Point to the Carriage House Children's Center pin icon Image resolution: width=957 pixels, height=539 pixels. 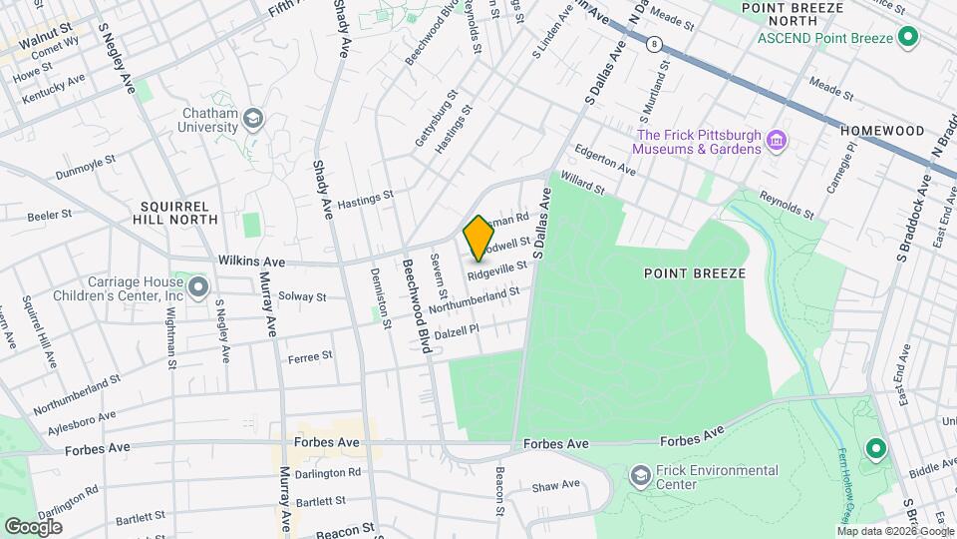[197, 288]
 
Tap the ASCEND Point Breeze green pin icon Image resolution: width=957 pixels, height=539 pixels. [907, 38]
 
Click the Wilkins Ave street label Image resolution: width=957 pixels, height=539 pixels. [251, 262]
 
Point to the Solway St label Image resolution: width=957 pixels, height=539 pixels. [302, 296]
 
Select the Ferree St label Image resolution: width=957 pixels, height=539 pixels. [309, 356]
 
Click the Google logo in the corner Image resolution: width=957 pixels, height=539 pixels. [33, 525]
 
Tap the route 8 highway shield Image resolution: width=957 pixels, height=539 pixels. [654, 44]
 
